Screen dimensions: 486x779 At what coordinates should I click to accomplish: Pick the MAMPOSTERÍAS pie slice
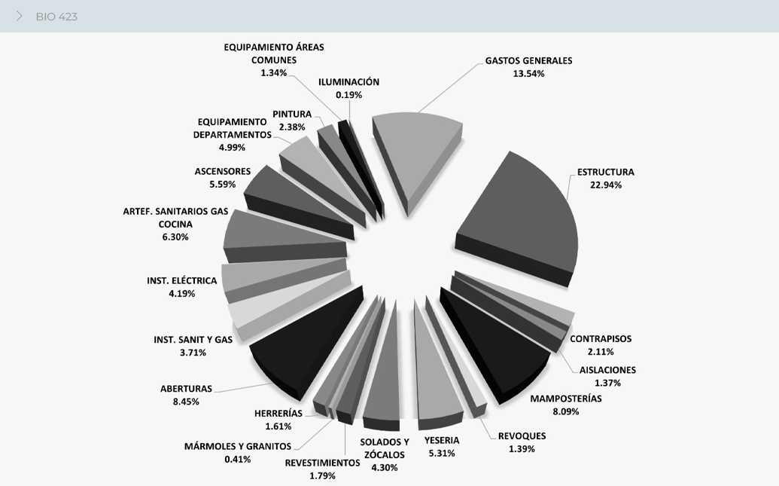(x=497, y=339)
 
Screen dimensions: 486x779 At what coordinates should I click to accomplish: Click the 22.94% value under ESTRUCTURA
(x=606, y=185)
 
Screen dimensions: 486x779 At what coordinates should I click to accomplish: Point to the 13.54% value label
(x=528, y=74)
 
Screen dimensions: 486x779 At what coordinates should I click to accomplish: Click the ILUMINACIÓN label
(x=348, y=82)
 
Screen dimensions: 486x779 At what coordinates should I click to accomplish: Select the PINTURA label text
(x=292, y=114)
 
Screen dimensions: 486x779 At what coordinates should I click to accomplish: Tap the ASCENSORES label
(x=223, y=171)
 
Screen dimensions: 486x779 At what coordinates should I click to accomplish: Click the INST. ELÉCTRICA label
(x=182, y=281)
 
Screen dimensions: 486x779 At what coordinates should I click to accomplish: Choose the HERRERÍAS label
(x=278, y=413)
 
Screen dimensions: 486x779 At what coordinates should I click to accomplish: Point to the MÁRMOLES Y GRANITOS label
(x=238, y=446)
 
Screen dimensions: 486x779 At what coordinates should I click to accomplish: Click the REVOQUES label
(x=522, y=436)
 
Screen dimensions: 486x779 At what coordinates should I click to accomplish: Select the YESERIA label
(x=442, y=440)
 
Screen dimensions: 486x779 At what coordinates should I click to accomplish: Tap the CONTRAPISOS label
(x=601, y=338)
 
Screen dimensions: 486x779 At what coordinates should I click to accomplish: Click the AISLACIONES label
(x=607, y=370)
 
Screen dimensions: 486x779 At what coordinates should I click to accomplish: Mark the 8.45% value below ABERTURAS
(x=186, y=402)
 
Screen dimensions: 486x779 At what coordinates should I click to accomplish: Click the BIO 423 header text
(x=56, y=17)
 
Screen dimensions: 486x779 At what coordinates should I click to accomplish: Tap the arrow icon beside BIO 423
(x=20, y=16)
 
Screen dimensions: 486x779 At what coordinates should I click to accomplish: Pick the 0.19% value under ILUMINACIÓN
(x=349, y=95)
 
